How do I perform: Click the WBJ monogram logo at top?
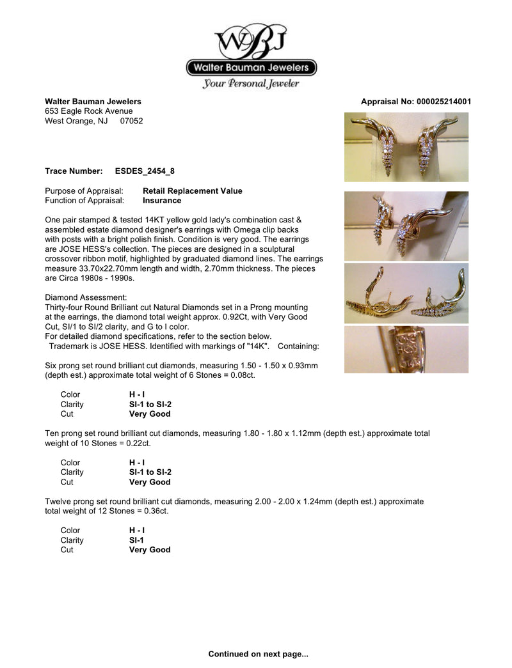point(251,41)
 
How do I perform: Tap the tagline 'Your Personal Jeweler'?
point(251,84)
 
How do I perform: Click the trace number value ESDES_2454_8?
point(145,171)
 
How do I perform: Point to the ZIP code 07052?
point(132,121)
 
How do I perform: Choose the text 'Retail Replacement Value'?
point(193,191)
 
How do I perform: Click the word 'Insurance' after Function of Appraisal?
point(162,201)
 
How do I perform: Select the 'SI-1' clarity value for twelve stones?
point(136,540)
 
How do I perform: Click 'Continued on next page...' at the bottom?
point(258,654)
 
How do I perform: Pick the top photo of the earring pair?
point(406,148)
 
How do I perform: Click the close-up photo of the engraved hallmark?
point(406,350)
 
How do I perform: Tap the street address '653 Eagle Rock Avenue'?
point(89,111)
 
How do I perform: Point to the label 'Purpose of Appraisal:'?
point(84,191)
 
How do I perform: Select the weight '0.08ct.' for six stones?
point(223,375)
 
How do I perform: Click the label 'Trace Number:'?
point(74,171)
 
